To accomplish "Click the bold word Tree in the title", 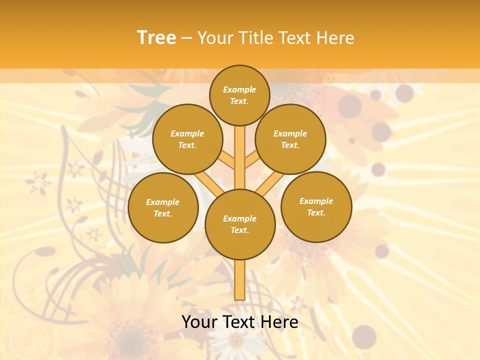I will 156,37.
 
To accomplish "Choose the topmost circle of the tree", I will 239,95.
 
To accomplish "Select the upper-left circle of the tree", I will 187,139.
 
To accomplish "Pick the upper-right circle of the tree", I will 290,139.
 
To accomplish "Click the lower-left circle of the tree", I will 163,207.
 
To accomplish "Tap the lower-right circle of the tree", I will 316,206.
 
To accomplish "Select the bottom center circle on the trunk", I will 240,224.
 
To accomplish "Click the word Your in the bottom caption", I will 199,322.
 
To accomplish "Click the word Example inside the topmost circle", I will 239,90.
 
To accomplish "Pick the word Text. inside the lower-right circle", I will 316,212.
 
